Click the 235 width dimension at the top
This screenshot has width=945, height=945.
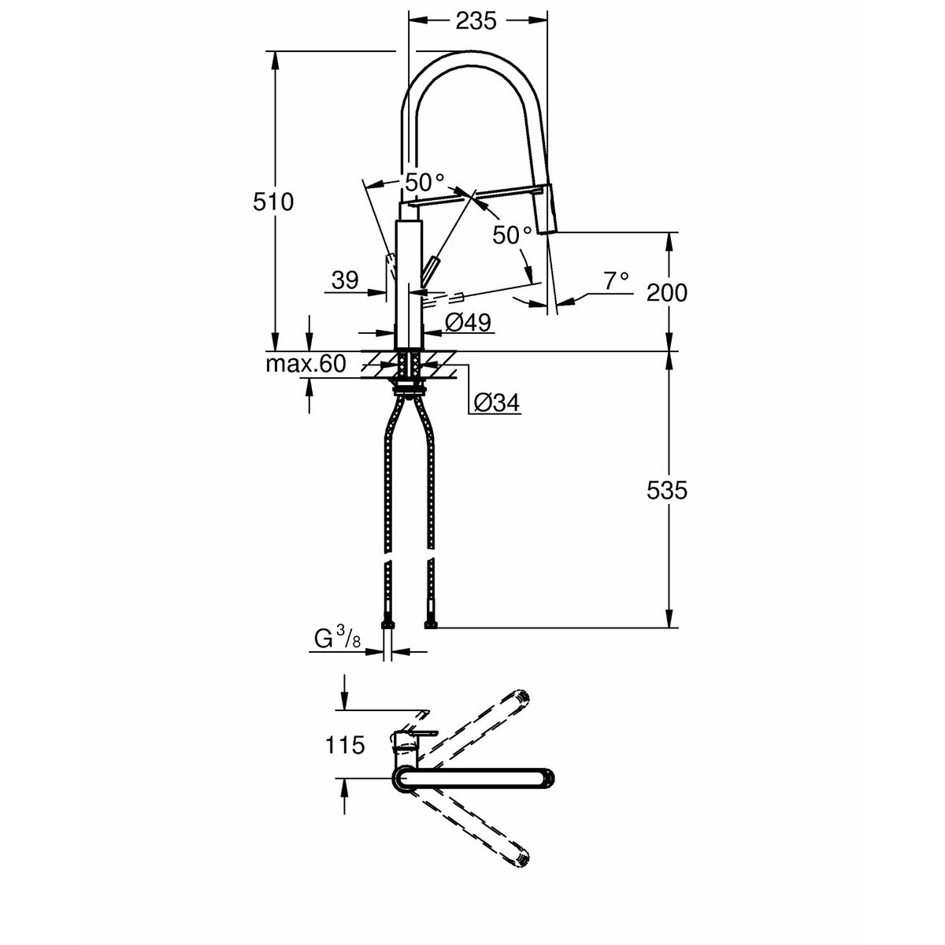point(476,21)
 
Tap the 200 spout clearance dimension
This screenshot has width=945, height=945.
point(666,293)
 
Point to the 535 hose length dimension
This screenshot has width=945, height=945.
point(666,491)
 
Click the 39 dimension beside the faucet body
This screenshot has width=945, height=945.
point(345,280)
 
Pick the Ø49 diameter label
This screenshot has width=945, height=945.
point(468,322)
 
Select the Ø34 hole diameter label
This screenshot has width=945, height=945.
point(495,403)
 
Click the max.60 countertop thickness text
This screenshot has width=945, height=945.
point(305,365)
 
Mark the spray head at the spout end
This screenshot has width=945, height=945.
point(546,210)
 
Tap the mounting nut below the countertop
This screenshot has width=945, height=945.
point(409,386)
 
